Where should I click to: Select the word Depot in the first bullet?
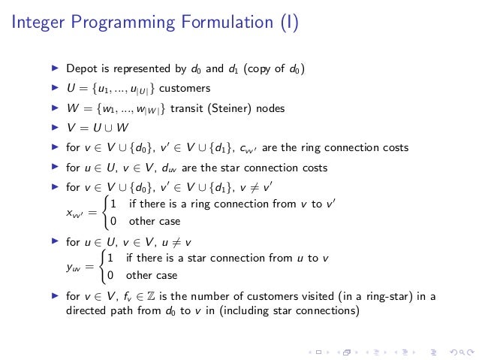click(80, 70)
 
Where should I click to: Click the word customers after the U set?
click(188, 89)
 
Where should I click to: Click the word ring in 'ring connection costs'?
click(301, 148)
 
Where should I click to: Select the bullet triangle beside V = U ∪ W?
click(54, 128)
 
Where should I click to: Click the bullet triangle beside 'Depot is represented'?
click(54, 70)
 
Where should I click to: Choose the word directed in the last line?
click(83, 310)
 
